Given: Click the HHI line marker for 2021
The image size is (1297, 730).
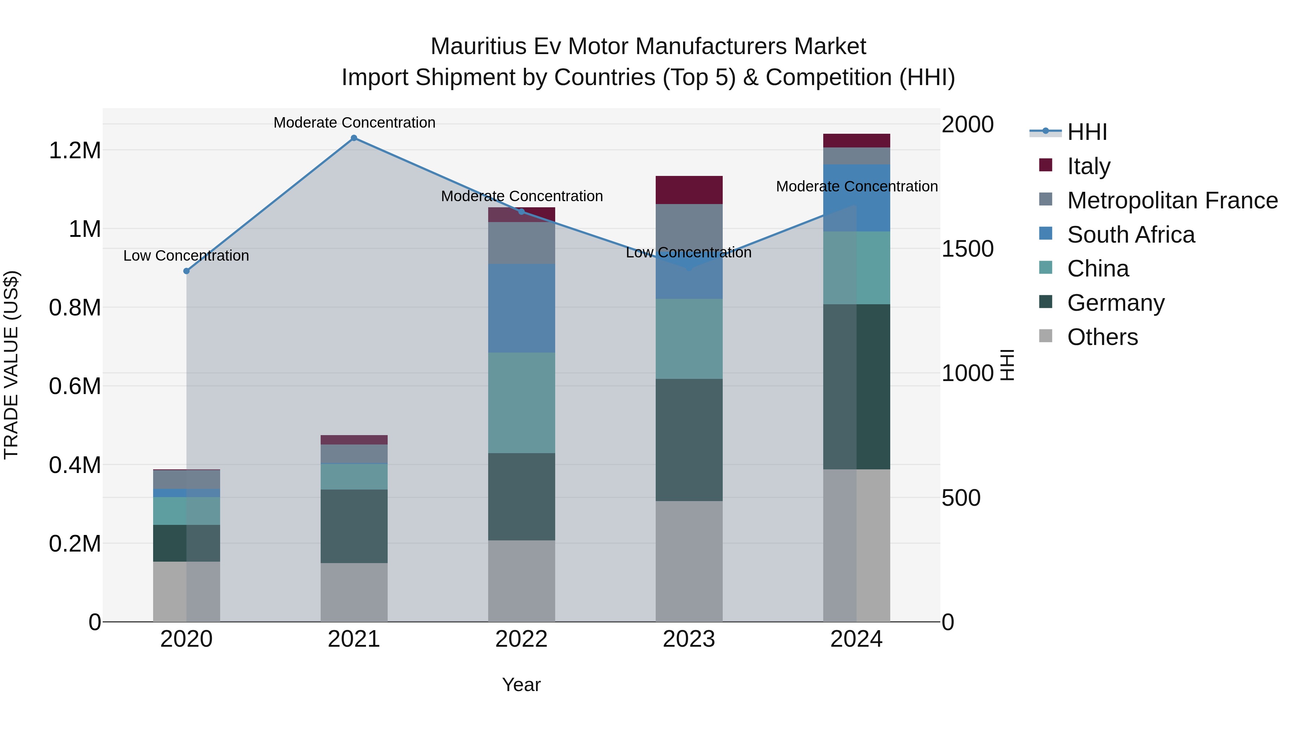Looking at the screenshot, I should [354, 138].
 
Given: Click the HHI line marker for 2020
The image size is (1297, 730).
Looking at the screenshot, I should [186, 271].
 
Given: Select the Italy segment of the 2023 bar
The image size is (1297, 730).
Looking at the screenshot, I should [689, 190].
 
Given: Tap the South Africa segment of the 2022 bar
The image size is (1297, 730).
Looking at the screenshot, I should [522, 308].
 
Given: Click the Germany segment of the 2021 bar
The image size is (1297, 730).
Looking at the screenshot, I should [354, 526].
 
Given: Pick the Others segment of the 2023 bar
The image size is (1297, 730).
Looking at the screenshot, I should [689, 561].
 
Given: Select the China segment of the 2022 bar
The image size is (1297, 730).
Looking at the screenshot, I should [522, 403].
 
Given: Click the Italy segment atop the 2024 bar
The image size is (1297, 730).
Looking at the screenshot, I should [856, 141].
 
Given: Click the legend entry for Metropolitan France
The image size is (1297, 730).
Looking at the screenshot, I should [1172, 200].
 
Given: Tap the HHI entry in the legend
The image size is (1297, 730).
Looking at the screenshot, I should [1087, 132].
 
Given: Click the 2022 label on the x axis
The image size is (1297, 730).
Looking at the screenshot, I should [522, 639].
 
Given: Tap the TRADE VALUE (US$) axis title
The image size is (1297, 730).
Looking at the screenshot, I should [11, 365].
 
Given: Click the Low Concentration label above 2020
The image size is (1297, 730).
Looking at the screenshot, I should [186, 256].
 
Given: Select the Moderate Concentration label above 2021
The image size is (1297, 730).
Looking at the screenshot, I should [354, 123].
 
